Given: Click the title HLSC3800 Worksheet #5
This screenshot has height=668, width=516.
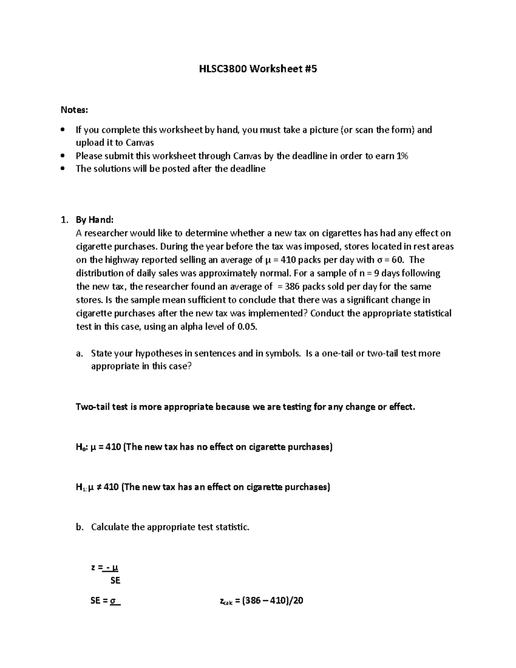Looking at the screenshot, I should click(x=258, y=68).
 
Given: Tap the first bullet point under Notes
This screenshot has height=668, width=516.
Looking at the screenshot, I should click(x=64, y=129).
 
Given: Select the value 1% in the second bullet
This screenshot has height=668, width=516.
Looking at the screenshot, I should click(x=402, y=156).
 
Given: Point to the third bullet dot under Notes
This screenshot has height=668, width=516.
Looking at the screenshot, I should click(x=64, y=169).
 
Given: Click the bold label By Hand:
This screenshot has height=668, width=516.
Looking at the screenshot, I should click(x=95, y=220).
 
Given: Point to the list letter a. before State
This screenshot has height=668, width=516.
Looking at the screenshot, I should click(x=79, y=354).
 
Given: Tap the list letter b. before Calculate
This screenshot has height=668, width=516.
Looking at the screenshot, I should click(x=79, y=527).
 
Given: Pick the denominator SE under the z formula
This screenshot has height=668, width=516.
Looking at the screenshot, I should click(x=115, y=581).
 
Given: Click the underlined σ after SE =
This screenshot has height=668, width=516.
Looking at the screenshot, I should click(x=114, y=601).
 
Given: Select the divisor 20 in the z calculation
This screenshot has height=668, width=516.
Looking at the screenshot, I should click(x=298, y=601).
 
